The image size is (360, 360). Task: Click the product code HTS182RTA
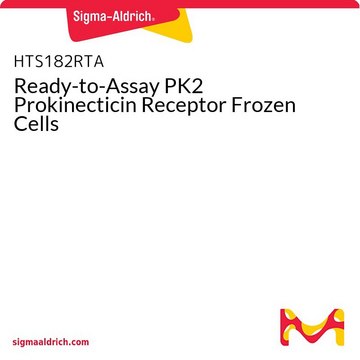pyautogui.click(x=59, y=62)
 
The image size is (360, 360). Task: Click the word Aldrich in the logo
pyautogui.click(x=133, y=15)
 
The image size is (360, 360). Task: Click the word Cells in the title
pyautogui.click(x=36, y=123)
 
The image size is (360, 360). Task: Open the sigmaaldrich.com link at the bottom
pyautogui.click(x=51, y=342)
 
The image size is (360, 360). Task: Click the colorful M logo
pyautogui.click(x=312, y=327)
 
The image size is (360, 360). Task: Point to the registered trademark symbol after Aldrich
pyautogui.click(x=153, y=20)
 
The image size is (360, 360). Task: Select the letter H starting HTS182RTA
pyautogui.click(x=19, y=62)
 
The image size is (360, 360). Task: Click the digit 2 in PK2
pyautogui.click(x=198, y=87)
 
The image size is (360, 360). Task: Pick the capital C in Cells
pyautogui.click(x=20, y=124)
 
